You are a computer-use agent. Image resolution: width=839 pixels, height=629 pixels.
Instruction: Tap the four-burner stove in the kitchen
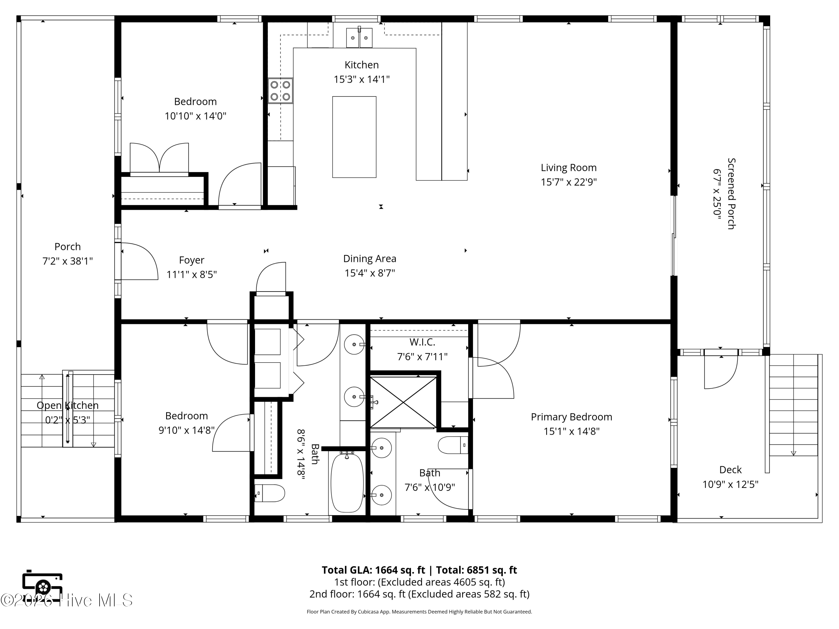point(280,91)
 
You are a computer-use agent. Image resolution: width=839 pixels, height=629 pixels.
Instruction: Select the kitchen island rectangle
point(354,137)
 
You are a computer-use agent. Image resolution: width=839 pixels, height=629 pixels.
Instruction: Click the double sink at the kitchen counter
point(359,37)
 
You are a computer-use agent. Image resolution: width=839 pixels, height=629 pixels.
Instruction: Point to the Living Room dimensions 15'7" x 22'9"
point(569,182)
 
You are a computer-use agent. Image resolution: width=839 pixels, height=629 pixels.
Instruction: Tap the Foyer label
point(192,260)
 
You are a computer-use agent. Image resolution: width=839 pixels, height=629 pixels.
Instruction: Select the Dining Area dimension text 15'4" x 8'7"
point(370,273)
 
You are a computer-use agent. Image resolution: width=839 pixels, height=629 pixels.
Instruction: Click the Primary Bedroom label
point(571,417)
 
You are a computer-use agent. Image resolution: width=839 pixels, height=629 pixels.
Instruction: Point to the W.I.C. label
point(422,342)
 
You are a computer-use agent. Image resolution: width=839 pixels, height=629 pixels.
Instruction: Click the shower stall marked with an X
point(403,402)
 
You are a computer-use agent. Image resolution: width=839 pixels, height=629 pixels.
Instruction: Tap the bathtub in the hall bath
point(347,483)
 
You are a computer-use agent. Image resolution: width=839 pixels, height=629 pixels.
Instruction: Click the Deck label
point(730,470)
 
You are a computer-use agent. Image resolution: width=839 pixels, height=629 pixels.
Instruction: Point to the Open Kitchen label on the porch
point(67,405)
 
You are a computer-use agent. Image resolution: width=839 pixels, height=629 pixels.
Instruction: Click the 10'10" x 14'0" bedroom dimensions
point(195,116)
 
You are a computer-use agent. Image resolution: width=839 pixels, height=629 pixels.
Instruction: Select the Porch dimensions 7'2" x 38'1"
point(67,261)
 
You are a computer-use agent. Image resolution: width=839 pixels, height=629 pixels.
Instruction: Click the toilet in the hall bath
point(269,493)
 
